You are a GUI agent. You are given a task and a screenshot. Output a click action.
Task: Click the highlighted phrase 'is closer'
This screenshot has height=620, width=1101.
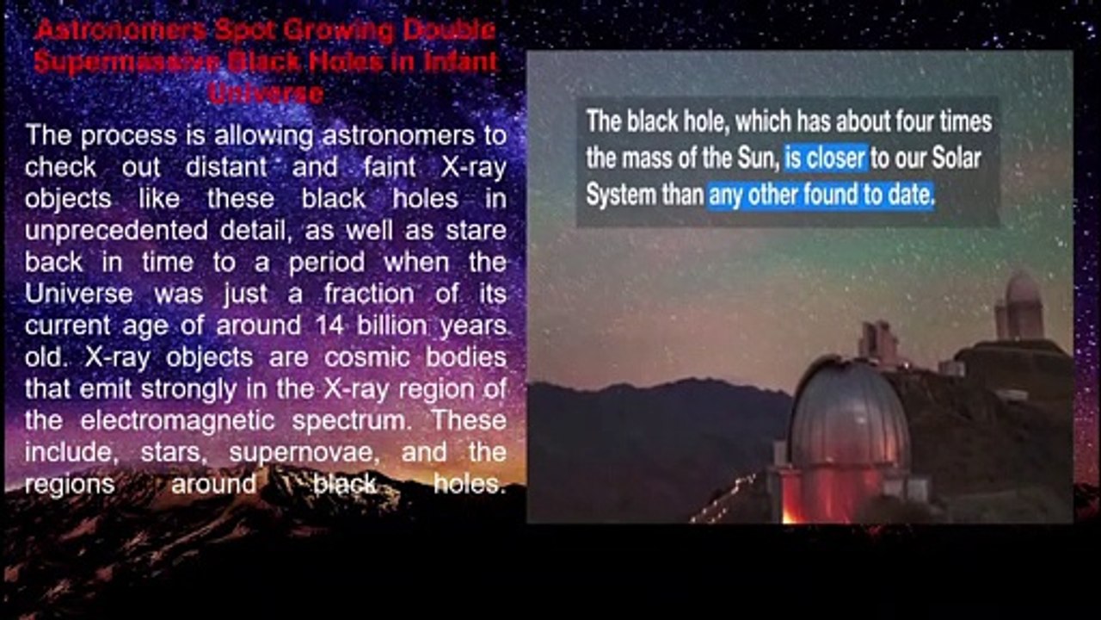click(x=826, y=158)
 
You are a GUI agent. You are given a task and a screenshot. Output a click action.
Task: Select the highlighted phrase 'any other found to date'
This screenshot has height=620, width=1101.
click(x=821, y=195)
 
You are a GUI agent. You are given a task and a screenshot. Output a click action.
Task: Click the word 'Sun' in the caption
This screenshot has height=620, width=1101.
click(x=758, y=158)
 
